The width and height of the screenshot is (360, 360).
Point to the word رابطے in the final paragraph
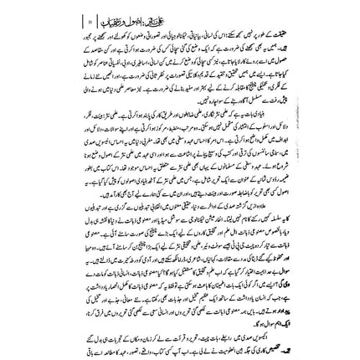click(201, 329)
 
